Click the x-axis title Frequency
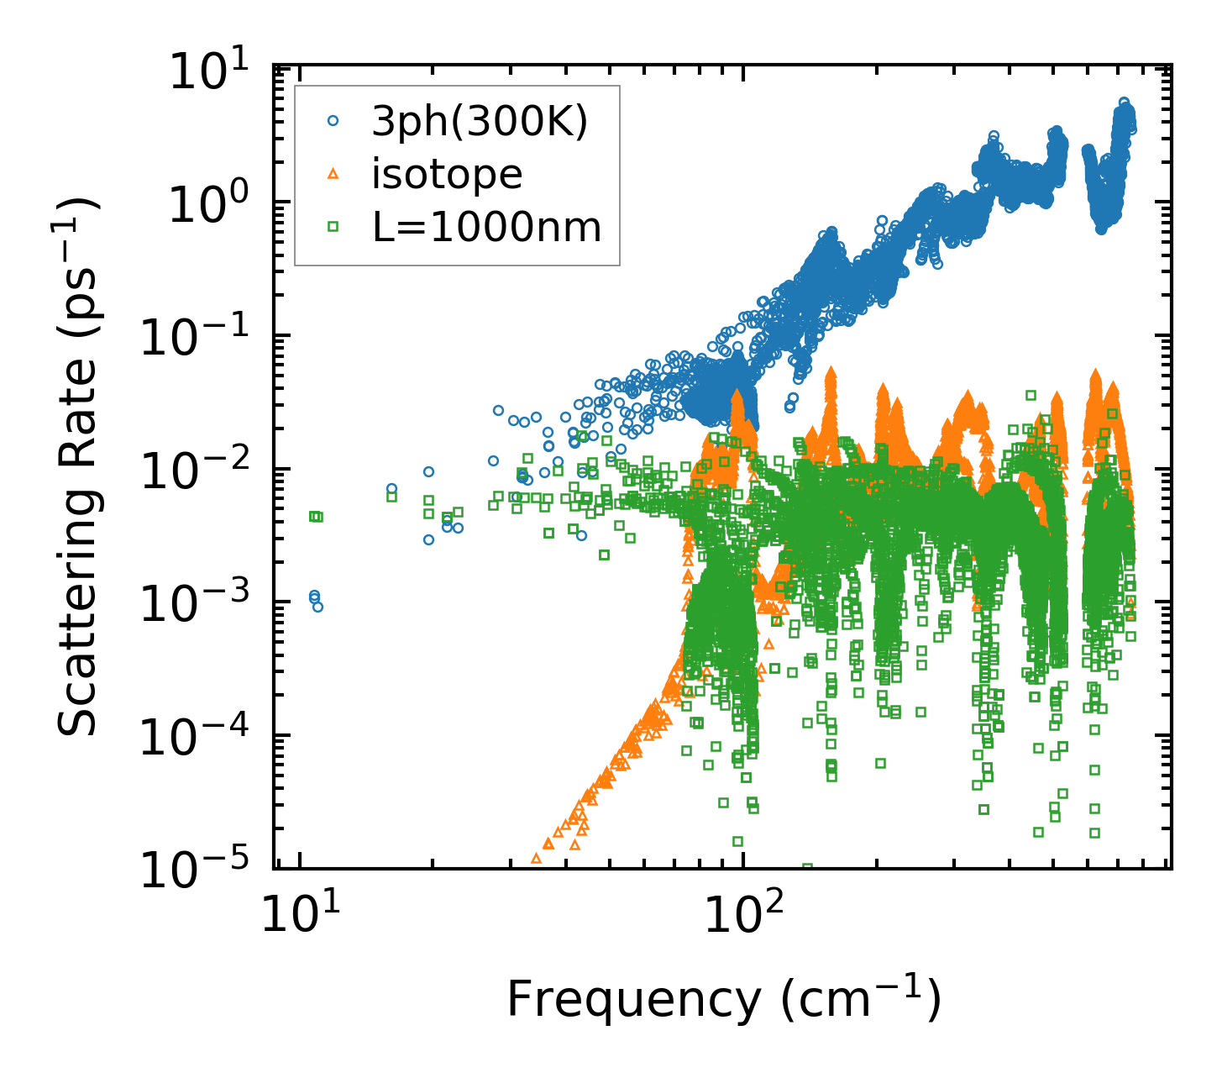tap(722, 1000)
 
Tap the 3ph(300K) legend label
tap(480, 123)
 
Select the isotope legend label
tap(447, 175)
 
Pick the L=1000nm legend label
tap(486, 227)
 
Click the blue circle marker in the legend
tap(333, 121)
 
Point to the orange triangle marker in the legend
tap(333, 174)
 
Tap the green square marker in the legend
tap(333, 226)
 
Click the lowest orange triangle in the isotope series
tap(536, 859)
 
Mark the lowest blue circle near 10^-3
tap(317, 607)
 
